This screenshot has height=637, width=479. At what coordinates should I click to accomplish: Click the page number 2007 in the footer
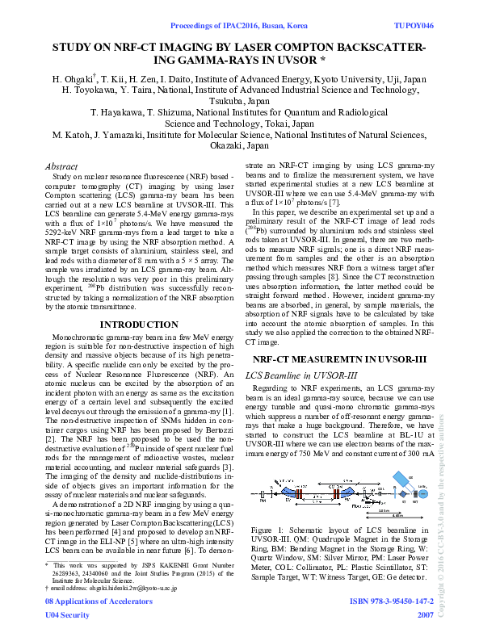coord(425,614)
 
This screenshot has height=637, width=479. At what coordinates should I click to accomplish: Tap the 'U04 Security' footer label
coord(67,614)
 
